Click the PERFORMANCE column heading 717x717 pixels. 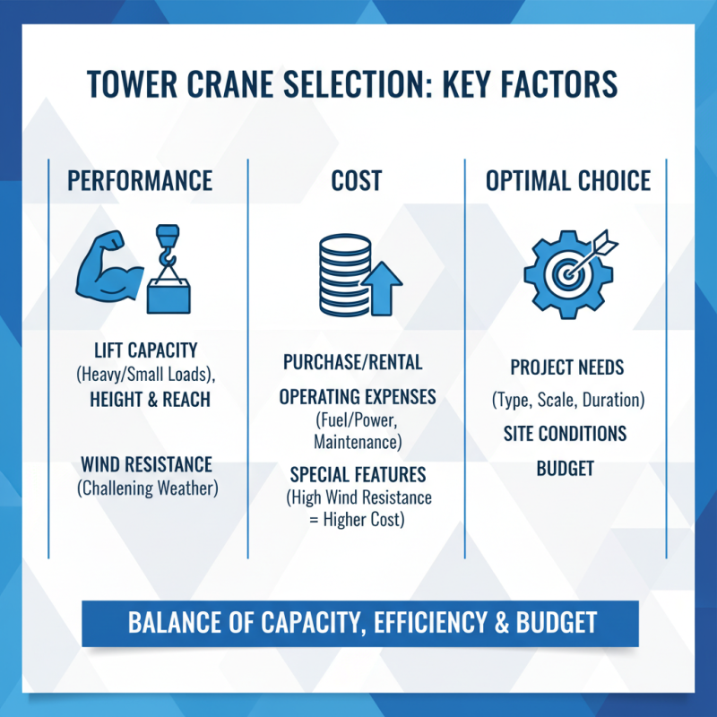(140, 180)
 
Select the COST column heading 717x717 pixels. (356, 180)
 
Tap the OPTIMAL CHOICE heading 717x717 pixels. (568, 180)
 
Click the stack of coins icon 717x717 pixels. (336, 268)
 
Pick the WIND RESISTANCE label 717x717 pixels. (147, 465)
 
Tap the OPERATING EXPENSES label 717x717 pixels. (358, 396)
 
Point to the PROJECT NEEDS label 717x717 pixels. (566, 367)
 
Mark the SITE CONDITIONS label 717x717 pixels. (565, 434)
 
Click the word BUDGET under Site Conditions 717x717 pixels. (565, 468)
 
